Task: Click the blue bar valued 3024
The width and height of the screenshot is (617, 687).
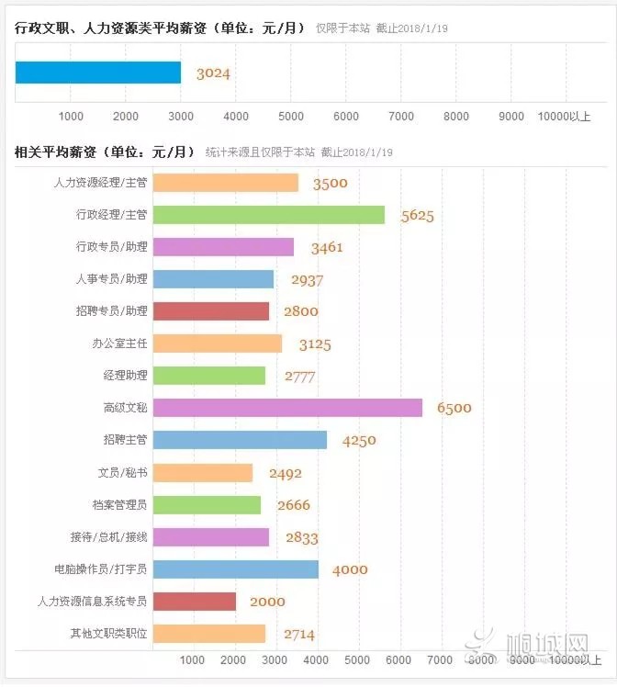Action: click(98, 73)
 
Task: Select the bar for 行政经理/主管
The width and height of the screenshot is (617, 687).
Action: click(268, 215)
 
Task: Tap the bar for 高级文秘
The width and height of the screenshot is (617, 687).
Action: click(287, 408)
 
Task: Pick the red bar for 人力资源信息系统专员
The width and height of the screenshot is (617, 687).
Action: click(195, 602)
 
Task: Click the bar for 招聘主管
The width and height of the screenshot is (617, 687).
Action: click(240, 440)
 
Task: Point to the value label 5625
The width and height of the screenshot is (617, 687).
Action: click(417, 216)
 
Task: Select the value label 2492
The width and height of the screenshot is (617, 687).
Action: click(285, 474)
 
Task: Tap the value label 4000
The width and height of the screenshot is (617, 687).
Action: click(350, 569)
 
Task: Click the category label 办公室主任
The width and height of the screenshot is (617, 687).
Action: click(120, 343)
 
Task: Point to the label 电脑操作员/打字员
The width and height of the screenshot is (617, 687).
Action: click(101, 569)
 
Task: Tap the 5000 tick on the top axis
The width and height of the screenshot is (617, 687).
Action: click(291, 116)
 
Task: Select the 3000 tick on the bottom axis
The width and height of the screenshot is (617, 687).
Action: click(275, 660)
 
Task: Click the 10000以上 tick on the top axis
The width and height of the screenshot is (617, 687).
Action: click(565, 116)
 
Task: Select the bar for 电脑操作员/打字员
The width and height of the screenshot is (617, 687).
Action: click(235, 569)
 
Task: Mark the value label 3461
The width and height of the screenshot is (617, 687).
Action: click(328, 248)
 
